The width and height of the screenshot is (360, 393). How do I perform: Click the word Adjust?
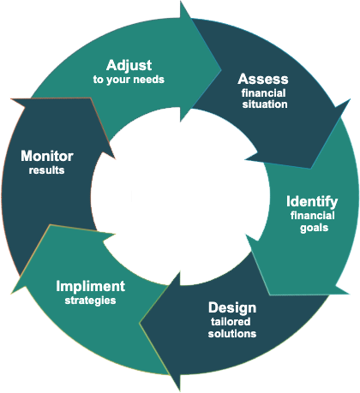click(x=129, y=66)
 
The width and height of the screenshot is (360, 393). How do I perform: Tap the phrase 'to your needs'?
click(x=129, y=80)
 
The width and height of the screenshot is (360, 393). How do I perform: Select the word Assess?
click(x=263, y=79)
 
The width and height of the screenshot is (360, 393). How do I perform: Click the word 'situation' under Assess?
click(x=265, y=104)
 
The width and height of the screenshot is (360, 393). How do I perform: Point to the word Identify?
click(x=312, y=202)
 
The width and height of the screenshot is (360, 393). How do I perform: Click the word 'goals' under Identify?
click(x=314, y=229)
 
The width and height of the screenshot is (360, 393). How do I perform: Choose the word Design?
click(x=232, y=308)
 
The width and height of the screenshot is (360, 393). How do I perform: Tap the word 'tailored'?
click(x=231, y=322)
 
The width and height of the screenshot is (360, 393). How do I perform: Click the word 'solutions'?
click(x=232, y=334)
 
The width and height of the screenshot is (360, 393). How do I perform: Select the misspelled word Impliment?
click(x=91, y=287)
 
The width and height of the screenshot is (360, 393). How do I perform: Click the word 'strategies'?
click(x=90, y=301)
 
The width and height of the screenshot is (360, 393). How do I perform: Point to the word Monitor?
click(x=47, y=157)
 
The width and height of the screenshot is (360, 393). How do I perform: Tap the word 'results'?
click(x=46, y=170)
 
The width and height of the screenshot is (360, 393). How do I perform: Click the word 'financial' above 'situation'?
click(x=263, y=93)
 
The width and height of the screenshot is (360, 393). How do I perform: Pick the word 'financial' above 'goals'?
click(x=313, y=216)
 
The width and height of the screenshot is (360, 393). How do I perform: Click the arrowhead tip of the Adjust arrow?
click(x=221, y=68)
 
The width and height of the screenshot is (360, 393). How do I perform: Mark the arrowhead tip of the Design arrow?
click(x=140, y=323)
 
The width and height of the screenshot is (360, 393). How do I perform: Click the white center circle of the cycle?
click(x=181, y=196)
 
